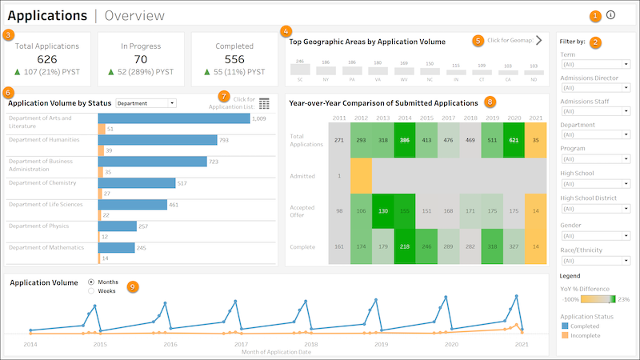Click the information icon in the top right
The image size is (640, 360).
(x=610, y=14)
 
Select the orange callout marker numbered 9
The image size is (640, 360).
(x=134, y=286)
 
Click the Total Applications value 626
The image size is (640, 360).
(x=47, y=58)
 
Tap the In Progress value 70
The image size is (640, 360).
(x=140, y=58)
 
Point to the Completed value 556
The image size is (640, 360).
(x=234, y=58)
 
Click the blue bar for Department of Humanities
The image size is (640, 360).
(x=158, y=140)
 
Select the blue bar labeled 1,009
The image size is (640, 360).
(x=174, y=118)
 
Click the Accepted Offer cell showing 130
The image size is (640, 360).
(x=383, y=210)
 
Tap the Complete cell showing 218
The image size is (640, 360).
(x=406, y=247)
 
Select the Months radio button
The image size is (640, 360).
(x=91, y=282)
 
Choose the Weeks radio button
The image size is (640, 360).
(x=91, y=291)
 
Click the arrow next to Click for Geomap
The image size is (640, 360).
(x=538, y=40)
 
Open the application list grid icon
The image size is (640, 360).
(x=264, y=103)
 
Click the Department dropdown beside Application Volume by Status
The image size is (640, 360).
(x=146, y=103)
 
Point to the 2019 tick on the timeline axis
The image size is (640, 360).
(x=381, y=344)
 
